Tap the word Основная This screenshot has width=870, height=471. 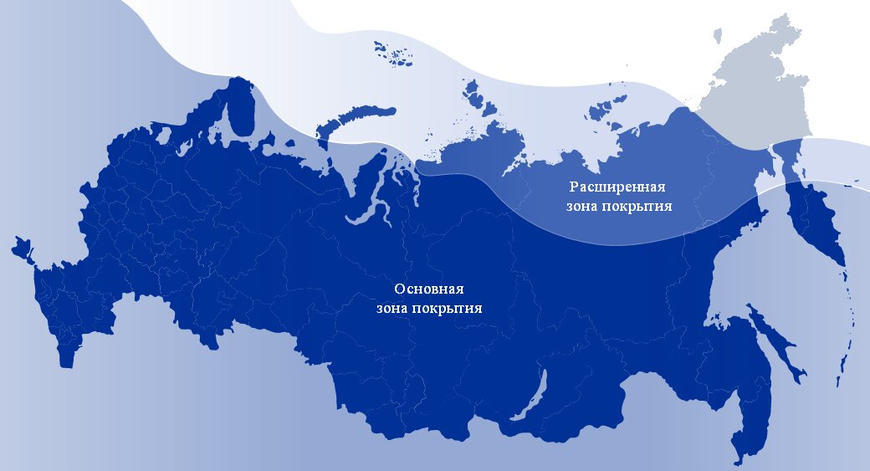click(x=428, y=289)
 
